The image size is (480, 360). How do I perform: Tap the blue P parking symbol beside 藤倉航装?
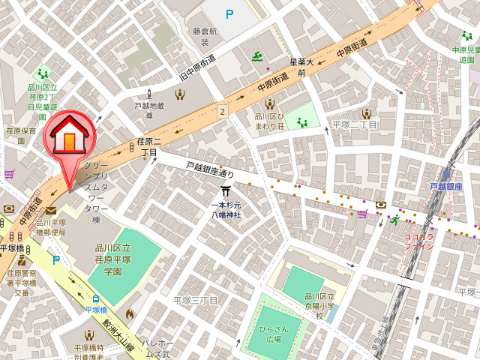pos(229,13)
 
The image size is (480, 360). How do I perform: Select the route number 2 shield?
pos(222,111)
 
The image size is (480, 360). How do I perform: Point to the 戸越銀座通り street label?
pos(209,170)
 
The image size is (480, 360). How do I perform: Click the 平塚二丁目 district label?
pos(355,124)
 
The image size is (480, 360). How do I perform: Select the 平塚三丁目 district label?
pos(195,300)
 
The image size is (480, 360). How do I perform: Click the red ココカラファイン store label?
pos(418,240)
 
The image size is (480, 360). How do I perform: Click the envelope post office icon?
pos(50,211)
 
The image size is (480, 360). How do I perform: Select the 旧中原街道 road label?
pos(196,67)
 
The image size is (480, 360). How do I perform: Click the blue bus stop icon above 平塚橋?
pos(95,298)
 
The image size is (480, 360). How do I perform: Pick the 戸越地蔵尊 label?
pos(148,110)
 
